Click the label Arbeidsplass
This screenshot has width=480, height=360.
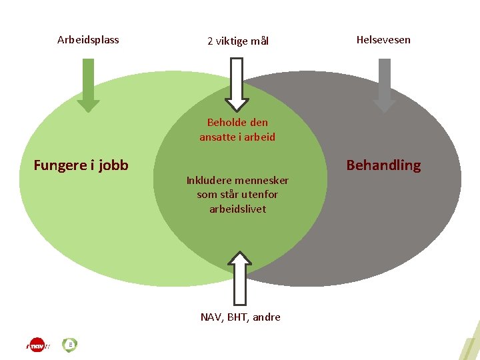(x=88, y=40)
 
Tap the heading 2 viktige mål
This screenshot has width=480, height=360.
(x=238, y=41)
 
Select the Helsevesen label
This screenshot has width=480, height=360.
(x=383, y=40)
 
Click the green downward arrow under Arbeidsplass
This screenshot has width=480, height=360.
(x=88, y=85)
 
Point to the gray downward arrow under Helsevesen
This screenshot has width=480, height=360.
(x=384, y=85)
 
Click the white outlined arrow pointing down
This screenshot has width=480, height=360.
(x=237, y=84)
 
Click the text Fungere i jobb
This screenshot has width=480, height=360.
(x=81, y=165)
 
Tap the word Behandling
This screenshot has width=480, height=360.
(x=383, y=165)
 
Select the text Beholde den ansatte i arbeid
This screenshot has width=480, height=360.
(x=237, y=130)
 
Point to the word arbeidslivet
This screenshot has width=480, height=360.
(x=237, y=209)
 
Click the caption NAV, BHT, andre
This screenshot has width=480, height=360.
(x=240, y=317)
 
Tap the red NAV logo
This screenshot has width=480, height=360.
(x=38, y=345)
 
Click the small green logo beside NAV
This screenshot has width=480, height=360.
(x=70, y=345)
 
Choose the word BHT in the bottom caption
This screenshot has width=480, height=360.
(x=237, y=317)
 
